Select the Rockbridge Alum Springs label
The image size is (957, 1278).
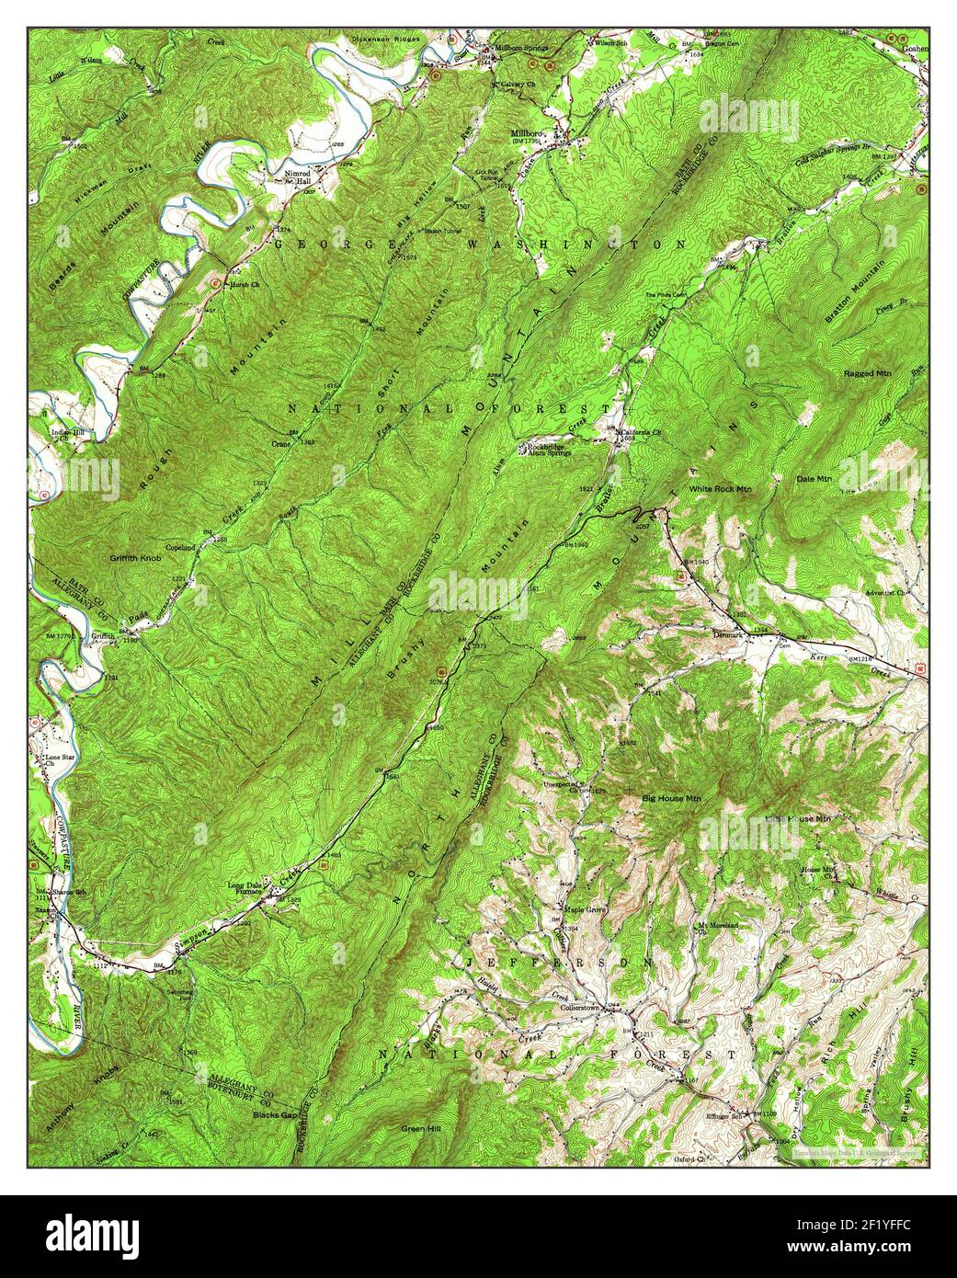coord(551,451)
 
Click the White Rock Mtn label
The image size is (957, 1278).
coord(720,489)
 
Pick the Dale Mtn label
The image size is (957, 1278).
coord(814,478)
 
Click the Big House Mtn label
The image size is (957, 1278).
coord(671,799)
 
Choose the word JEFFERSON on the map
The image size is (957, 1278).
coord(559,961)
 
